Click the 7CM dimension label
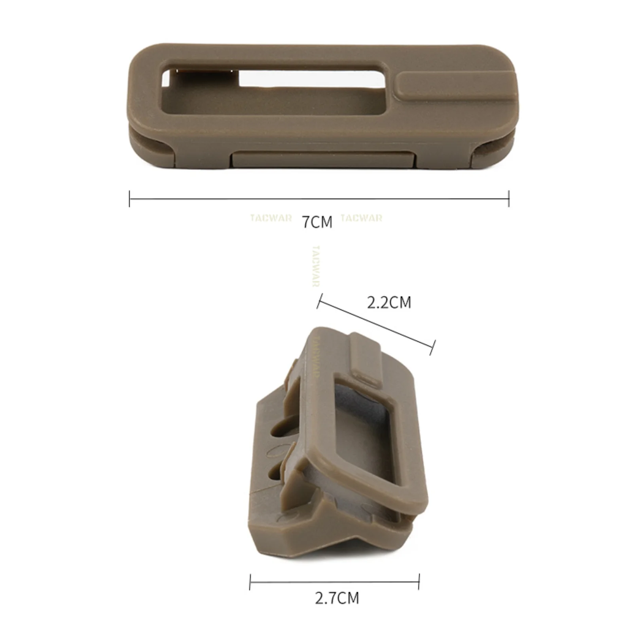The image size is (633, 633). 317,222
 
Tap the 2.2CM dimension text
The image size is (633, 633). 389,303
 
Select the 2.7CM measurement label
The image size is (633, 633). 337,598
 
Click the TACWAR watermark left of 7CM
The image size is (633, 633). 271,218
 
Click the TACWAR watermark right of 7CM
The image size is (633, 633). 362,218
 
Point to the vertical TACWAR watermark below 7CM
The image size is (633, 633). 316,266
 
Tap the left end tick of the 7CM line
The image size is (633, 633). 129,199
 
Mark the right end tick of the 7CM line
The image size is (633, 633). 509,199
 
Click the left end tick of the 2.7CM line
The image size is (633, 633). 250,582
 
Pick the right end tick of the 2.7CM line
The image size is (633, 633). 419,582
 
